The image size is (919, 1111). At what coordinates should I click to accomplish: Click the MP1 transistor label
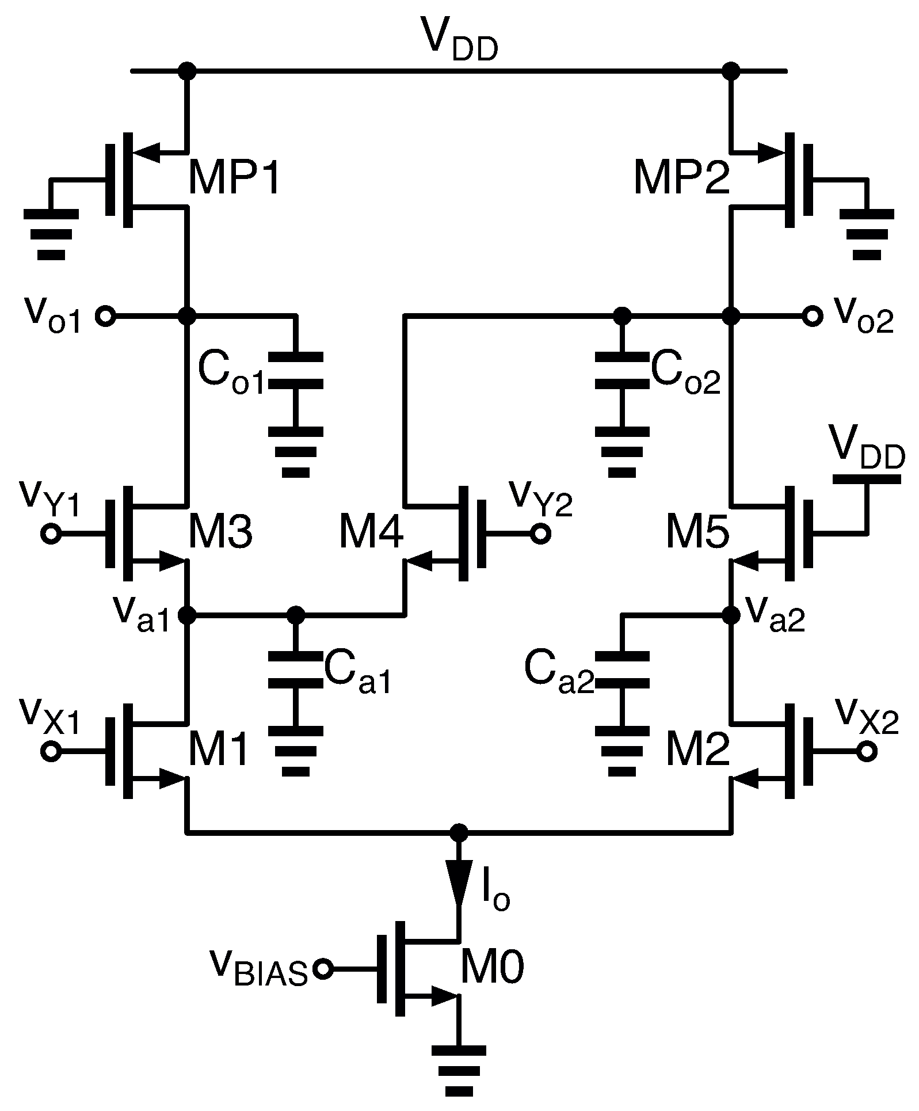click(234, 180)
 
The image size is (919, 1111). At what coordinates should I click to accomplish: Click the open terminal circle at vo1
click(106, 316)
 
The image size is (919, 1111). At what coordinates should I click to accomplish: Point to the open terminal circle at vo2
click(812, 316)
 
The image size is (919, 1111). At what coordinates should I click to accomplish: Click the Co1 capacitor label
click(230, 372)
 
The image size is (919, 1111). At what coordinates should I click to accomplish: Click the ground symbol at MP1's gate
click(51, 233)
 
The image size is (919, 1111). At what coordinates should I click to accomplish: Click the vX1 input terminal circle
click(51, 752)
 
